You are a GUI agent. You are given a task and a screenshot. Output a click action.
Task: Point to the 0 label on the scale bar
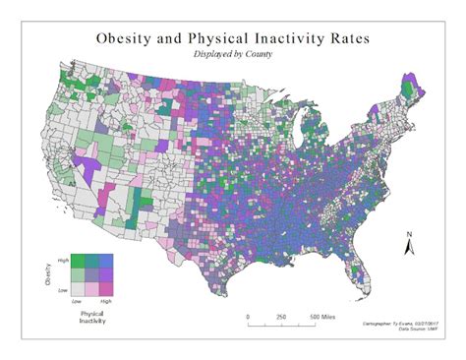click(248, 317)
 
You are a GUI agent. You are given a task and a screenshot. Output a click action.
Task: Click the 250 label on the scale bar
click(281, 317)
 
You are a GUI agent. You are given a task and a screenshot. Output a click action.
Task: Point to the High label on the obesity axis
click(64, 258)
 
